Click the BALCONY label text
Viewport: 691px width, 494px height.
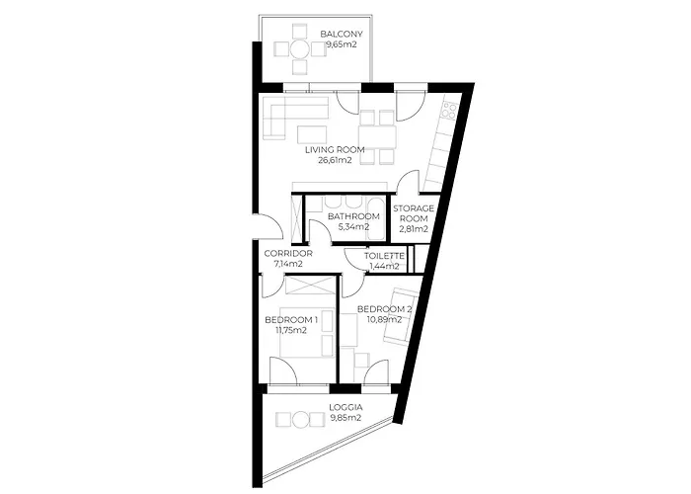pos(342,34)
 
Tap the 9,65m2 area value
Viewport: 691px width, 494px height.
pos(342,44)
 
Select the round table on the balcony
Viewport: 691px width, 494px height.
pos(300,48)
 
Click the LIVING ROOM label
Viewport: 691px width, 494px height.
pos(335,149)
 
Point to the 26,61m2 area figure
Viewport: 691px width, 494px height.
pos(335,160)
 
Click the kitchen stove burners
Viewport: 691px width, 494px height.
pos(449,111)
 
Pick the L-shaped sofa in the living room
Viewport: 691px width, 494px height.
pos(294,116)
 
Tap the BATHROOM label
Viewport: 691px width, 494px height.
pos(353,216)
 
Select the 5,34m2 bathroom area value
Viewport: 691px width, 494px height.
pos(353,227)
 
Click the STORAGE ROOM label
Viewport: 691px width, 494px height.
pos(414,213)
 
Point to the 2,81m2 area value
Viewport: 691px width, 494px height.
pos(414,229)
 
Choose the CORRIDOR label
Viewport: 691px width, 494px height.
pos(288,254)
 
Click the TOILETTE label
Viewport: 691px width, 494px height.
pos(384,256)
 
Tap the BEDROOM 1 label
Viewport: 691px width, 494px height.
pos(291,320)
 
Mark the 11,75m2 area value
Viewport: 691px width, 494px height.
pos(291,330)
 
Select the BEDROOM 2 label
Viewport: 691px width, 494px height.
pos(384,308)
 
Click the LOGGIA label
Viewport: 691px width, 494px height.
pos(345,407)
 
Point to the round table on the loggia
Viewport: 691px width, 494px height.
pos(300,419)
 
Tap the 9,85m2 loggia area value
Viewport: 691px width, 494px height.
pos(345,418)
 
